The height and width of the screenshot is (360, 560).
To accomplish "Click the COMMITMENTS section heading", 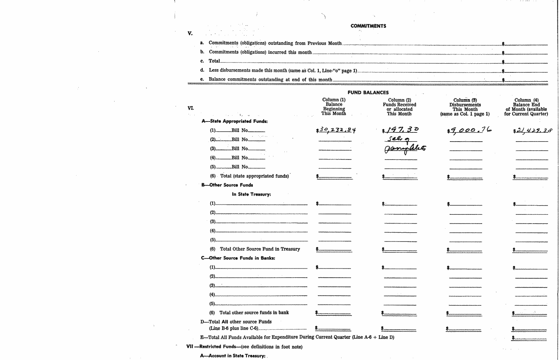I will [x=368, y=26].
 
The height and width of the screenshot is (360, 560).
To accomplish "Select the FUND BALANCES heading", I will [x=368, y=93].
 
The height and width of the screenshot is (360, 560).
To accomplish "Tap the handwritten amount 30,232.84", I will [x=337, y=130].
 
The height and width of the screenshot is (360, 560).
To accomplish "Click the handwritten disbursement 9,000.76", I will [x=470, y=130].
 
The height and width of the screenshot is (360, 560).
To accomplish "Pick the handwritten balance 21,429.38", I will [x=534, y=130].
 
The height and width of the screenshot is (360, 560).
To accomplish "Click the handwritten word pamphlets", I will [x=405, y=149].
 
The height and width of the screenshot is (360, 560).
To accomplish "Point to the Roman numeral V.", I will [x=190, y=33].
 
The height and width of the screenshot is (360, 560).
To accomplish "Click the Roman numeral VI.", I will [x=190, y=108].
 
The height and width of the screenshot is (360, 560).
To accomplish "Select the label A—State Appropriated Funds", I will [x=234, y=121].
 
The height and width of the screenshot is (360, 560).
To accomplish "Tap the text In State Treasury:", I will [x=251, y=194].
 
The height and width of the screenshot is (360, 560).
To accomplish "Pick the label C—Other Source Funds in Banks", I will [x=238, y=258].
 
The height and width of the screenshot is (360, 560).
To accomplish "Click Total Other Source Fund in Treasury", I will [x=260, y=249].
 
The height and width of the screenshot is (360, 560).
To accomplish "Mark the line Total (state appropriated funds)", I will [x=254, y=176].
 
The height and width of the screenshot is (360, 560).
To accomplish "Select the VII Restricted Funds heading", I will [x=244, y=346].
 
